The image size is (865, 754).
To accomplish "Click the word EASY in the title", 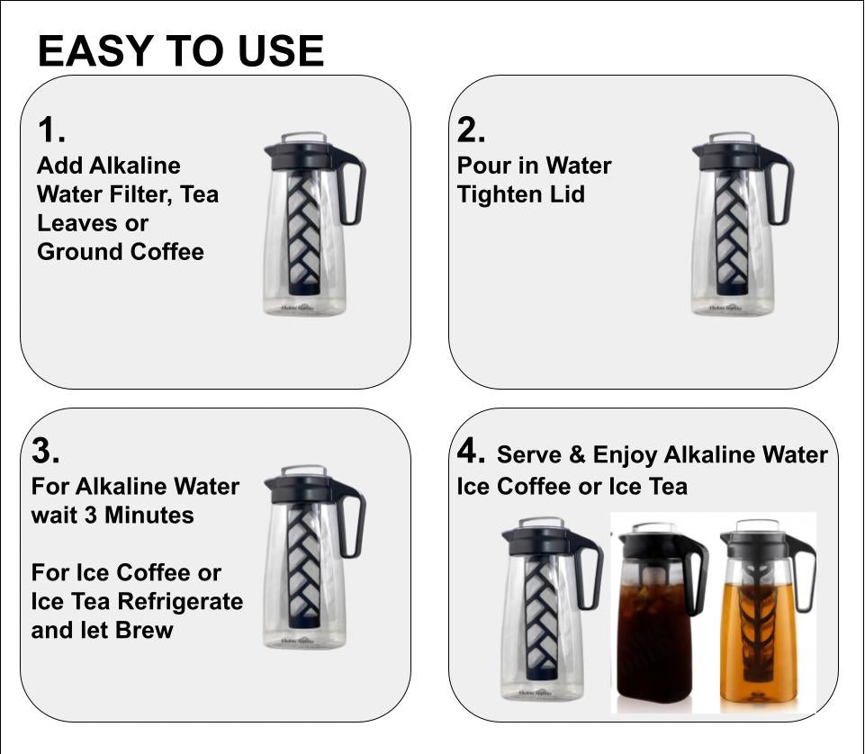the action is click(x=95, y=51).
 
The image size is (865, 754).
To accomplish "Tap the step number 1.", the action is click(x=50, y=130).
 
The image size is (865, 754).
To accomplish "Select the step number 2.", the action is click(x=471, y=130).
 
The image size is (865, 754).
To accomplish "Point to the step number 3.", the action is click(x=45, y=450).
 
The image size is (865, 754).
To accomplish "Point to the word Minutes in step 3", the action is click(x=149, y=516).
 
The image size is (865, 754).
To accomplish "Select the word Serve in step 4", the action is click(x=529, y=455).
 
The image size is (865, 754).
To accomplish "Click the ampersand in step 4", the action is click(x=577, y=455).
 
